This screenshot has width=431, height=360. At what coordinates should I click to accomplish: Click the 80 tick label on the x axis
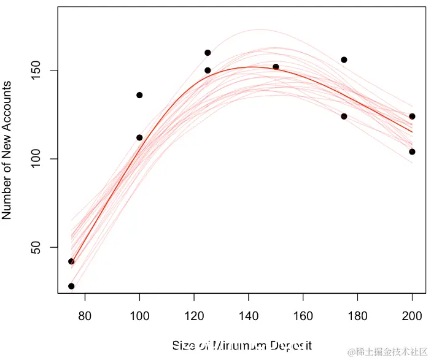85,316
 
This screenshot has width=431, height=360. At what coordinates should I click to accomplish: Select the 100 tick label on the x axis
139,316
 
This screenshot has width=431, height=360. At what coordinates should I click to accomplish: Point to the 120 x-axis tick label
194,316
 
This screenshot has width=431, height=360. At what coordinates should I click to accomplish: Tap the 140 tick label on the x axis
249,316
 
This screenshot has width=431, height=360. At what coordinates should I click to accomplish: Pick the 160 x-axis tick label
303,316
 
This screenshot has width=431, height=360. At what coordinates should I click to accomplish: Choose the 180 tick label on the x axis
358,316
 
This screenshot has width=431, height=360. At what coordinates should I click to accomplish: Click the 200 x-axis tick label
413,316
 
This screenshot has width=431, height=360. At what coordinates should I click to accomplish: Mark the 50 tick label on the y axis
37,247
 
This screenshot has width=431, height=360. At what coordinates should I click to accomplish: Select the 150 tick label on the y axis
37,71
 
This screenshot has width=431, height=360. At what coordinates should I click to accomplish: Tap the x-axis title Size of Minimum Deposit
242,346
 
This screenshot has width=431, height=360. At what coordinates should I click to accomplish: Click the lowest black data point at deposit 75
71,286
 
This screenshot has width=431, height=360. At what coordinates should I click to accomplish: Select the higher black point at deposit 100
139,95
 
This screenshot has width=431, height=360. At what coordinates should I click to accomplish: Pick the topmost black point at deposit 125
208,53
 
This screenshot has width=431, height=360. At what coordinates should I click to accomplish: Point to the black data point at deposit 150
276,67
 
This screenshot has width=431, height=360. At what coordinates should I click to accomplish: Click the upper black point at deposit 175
344,59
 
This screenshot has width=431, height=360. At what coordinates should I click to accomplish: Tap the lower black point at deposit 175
344,116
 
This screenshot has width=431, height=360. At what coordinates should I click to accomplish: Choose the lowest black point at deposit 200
412,151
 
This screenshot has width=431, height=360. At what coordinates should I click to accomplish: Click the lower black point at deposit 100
139,137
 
